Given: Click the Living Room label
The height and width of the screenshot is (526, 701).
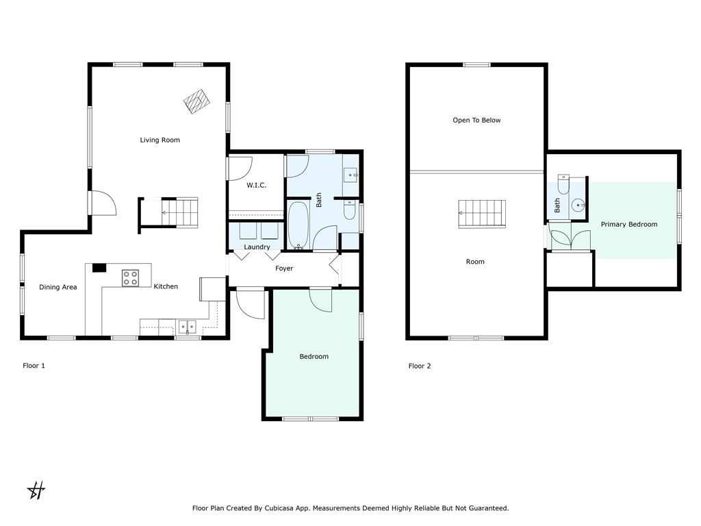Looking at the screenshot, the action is [160, 140].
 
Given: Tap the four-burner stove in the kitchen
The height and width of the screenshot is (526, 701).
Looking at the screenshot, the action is [130, 278].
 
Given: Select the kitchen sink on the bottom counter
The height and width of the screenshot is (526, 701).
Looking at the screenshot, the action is [188, 327].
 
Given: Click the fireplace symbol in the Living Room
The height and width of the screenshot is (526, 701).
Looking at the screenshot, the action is [196, 101].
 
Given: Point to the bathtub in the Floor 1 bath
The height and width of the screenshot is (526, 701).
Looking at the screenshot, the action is [298, 225].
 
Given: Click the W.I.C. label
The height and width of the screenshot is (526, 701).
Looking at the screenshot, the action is [256, 185].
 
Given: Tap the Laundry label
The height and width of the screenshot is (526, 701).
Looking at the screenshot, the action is [257, 247].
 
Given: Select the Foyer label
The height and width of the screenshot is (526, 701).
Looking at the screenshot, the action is [284, 268].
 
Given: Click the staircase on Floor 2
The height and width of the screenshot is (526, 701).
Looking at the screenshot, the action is [482, 214].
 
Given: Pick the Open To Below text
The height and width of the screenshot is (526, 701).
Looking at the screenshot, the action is [476, 121].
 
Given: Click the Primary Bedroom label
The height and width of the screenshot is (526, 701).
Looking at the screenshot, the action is [629, 225].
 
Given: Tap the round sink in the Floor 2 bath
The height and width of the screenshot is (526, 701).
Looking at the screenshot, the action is [578, 205].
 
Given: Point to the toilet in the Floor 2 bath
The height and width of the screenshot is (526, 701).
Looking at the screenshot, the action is [563, 184].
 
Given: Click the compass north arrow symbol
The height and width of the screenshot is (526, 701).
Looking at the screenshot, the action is [36, 490].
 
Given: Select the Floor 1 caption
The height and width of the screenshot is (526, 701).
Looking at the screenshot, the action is [34, 366].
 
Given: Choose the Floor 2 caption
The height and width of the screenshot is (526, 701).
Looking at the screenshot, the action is [420, 366].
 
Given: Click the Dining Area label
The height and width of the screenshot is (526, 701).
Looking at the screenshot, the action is [58, 287].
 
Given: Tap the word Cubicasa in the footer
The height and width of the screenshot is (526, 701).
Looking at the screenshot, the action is [279, 508].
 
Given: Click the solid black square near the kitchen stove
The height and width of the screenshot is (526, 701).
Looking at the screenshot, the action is [99, 268].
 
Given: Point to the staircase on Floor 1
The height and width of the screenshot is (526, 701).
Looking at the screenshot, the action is [179, 212].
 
